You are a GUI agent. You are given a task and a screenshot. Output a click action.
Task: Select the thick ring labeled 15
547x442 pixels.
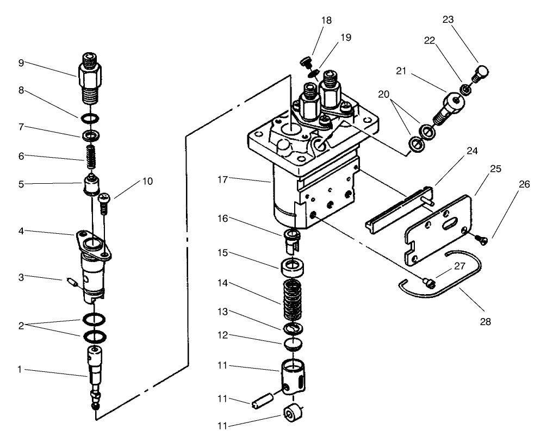pyautogui.click(x=294, y=268)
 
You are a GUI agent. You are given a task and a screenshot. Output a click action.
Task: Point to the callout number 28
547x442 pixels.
pyautogui.click(x=486, y=321)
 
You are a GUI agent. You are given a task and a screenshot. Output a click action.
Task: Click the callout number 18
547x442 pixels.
pyautogui.click(x=326, y=20)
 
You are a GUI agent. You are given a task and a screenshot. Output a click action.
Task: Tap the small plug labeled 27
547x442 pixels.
pyautogui.click(x=427, y=282)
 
